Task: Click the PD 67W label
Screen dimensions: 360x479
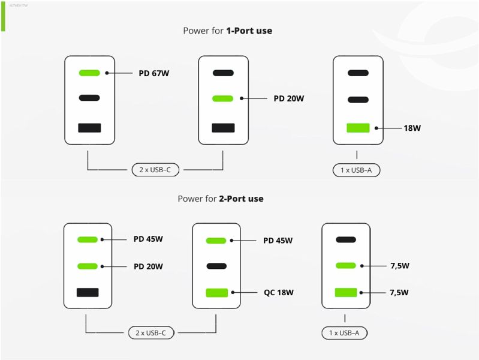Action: (154, 74)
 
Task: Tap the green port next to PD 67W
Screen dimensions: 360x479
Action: (89, 73)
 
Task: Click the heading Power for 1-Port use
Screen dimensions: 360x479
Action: (227, 31)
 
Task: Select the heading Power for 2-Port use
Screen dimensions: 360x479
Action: (220, 199)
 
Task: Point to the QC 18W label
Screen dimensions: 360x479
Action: (278, 293)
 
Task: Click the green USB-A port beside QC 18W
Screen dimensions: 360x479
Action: (216, 293)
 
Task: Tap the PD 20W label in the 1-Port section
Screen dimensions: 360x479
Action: (288, 98)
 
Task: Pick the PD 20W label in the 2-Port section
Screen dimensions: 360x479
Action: (148, 266)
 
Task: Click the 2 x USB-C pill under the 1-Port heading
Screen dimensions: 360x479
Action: (155, 170)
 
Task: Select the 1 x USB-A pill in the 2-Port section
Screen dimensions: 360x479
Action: (344, 332)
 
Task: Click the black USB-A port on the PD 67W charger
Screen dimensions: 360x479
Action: (89, 127)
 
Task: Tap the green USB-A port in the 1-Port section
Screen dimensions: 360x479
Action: (358, 128)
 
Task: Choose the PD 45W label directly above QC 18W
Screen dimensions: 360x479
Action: (278, 241)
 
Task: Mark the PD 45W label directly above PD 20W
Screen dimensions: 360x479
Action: (148, 239)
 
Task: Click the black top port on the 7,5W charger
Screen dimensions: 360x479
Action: (346, 239)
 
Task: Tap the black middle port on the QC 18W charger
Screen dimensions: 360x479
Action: (216, 266)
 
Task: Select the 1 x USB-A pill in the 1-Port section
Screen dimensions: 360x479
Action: (356, 170)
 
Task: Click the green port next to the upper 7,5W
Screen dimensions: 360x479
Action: (346, 265)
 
